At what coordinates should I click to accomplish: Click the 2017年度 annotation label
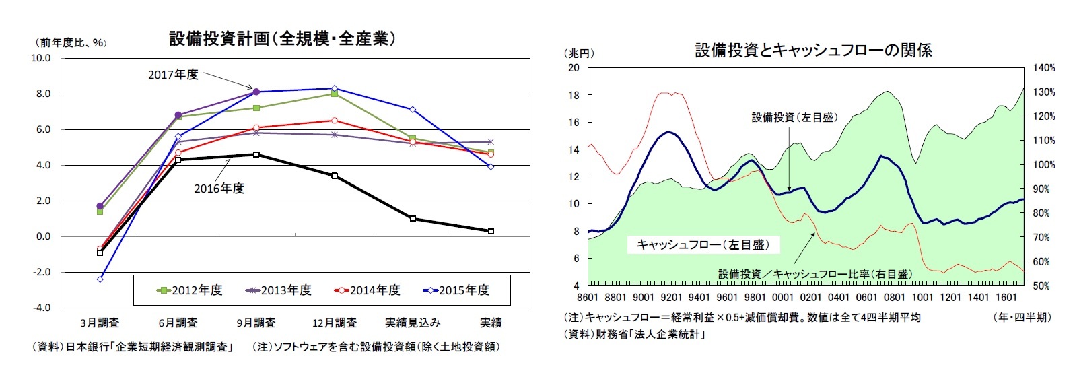pyautogui.click(x=173, y=75)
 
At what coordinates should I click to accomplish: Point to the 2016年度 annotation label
pyautogui.click(x=219, y=189)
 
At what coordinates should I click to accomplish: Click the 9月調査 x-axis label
pyautogui.click(x=256, y=323)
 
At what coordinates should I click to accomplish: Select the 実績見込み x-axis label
pyautogui.click(x=412, y=323)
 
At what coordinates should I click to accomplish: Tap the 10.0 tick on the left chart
pyautogui.click(x=41, y=58)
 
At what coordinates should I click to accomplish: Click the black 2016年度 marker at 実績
pyautogui.click(x=491, y=231)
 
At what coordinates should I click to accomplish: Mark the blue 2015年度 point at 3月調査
pyautogui.click(x=100, y=279)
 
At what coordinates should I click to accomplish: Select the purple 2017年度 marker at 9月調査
pyautogui.click(x=256, y=92)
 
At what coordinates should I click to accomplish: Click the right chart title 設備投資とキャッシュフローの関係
pyautogui.click(x=813, y=50)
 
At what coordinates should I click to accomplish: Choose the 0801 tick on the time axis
pyautogui.click(x=895, y=297)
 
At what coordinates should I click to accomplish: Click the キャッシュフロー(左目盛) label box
pyautogui.click(x=702, y=244)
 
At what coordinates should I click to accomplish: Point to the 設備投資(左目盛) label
pyautogui.click(x=794, y=117)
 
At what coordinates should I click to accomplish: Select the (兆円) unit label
pyautogui.click(x=580, y=53)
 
